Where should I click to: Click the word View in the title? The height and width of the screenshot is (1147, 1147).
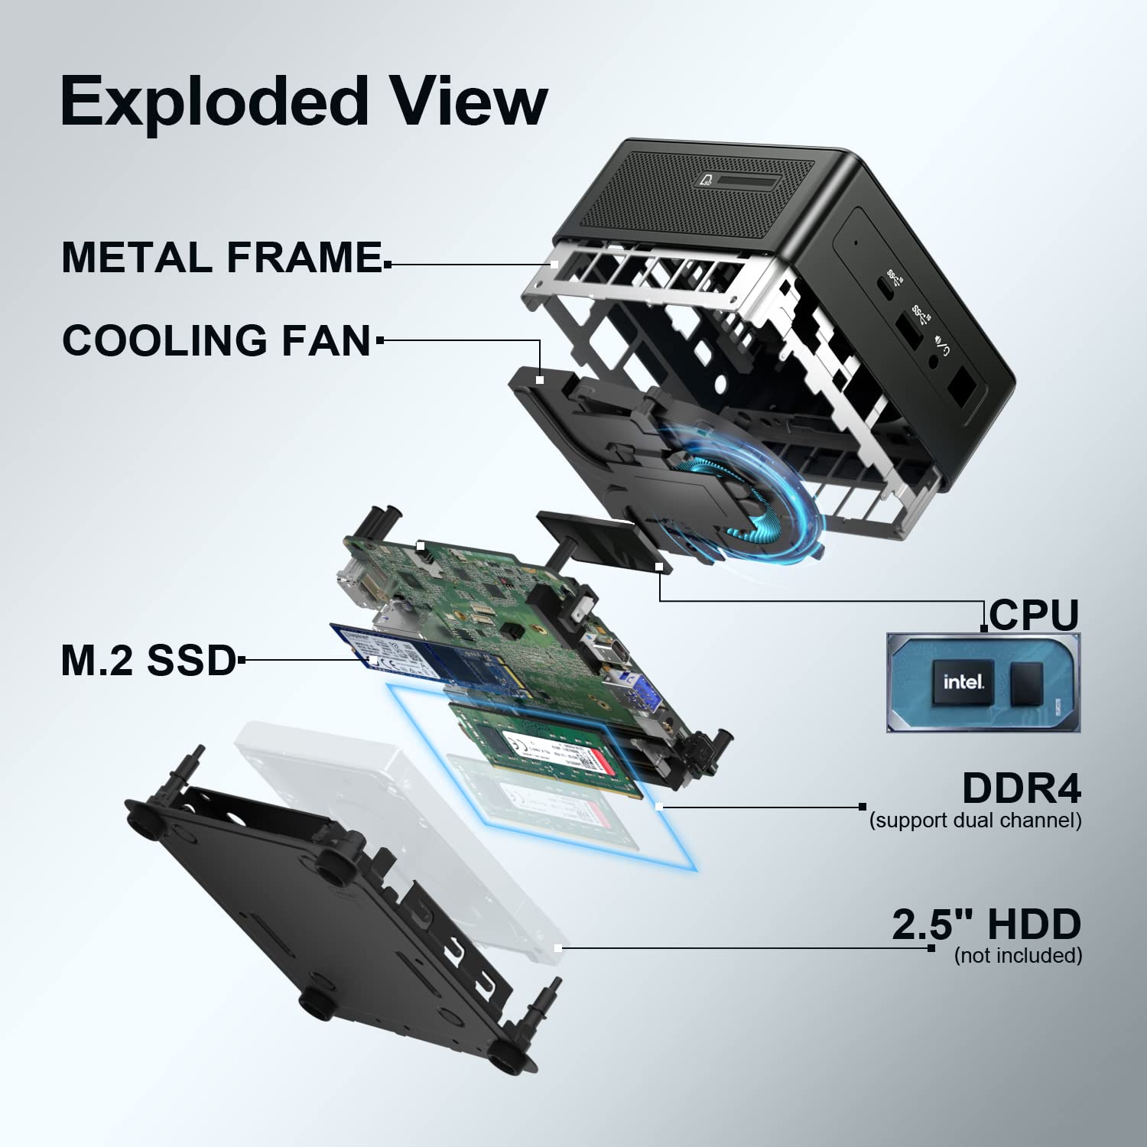tap(468, 102)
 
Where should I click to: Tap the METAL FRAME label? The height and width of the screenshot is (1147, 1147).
tap(222, 257)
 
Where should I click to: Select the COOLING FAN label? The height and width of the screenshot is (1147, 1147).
tap(216, 340)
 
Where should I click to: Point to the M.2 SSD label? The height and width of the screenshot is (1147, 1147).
tap(148, 660)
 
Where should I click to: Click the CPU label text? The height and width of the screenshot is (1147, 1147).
tap(1033, 614)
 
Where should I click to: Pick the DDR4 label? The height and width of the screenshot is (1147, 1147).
tap(1021, 788)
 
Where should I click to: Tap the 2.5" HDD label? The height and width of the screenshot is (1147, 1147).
tap(986, 924)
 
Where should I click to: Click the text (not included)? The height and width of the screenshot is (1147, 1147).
tap(1018, 955)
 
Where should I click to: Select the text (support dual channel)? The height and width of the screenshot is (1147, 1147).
tap(975, 820)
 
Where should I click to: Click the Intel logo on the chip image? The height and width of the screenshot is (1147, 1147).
tap(963, 681)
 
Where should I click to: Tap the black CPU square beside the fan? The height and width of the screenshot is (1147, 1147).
tap(600, 539)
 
